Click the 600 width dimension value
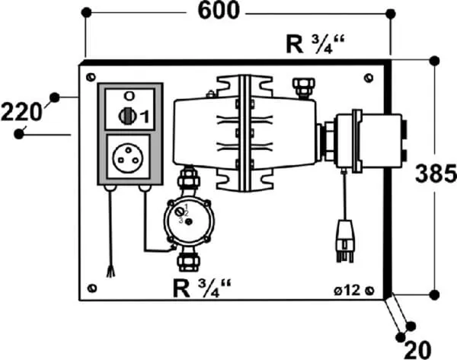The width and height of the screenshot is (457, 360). point(219,11)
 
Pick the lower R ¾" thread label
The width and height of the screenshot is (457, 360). point(201,288)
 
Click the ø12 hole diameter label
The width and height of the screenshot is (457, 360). point(347,290)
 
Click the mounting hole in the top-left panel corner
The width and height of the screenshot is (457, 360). point(92,77)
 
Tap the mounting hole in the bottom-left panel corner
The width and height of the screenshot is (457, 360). point(92,288)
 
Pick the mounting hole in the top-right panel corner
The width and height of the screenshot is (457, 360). point(369,77)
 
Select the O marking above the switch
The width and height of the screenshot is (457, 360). point(128,95)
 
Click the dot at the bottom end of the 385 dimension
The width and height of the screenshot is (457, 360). point(434,294)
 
